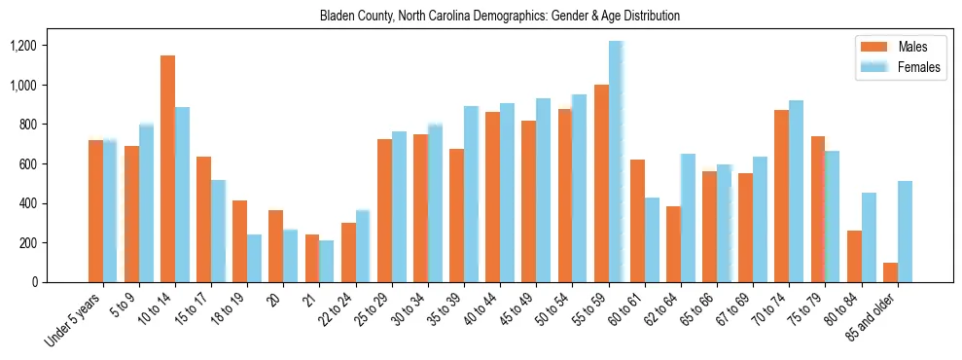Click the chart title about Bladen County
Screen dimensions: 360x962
pyautogui.click(x=499, y=17)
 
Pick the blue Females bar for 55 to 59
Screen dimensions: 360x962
pyautogui.click(x=616, y=162)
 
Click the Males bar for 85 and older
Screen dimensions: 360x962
pyautogui.click(x=890, y=272)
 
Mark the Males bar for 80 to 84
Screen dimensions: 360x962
pyautogui.click(x=854, y=256)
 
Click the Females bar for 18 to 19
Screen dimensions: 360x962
pyautogui.click(x=254, y=258)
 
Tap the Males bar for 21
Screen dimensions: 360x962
pyautogui.click(x=312, y=258)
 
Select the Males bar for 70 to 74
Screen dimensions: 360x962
pyautogui.click(x=782, y=196)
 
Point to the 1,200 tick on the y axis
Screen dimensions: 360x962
pyautogui.click(x=50, y=46)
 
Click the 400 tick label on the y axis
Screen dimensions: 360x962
pyautogui.click(x=53, y=203)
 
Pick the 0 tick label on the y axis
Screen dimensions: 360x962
pyautogui.click(x=63, y=282)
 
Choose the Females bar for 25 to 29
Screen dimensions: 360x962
pyautogui.click(x=399, y=206)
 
